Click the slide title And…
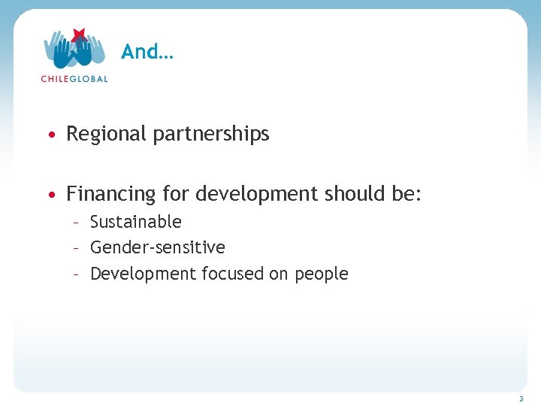[x=147, y=52]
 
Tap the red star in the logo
[x=77, y=36]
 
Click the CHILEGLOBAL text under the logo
[x=74, y=78]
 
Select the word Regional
[x=107, y=135]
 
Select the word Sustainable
[x=136, y=222]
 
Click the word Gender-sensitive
[x=158, y=247]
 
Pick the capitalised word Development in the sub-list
[x=143, y=274]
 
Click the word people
[x=321, y=274]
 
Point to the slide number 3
[x=521, y=398]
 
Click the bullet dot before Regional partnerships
[x=50, y=135]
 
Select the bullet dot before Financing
[x=50, y=195]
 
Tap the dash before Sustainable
[x=76, y=223]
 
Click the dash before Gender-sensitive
[x=76, y=248]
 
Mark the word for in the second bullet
[x=177, y=195]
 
